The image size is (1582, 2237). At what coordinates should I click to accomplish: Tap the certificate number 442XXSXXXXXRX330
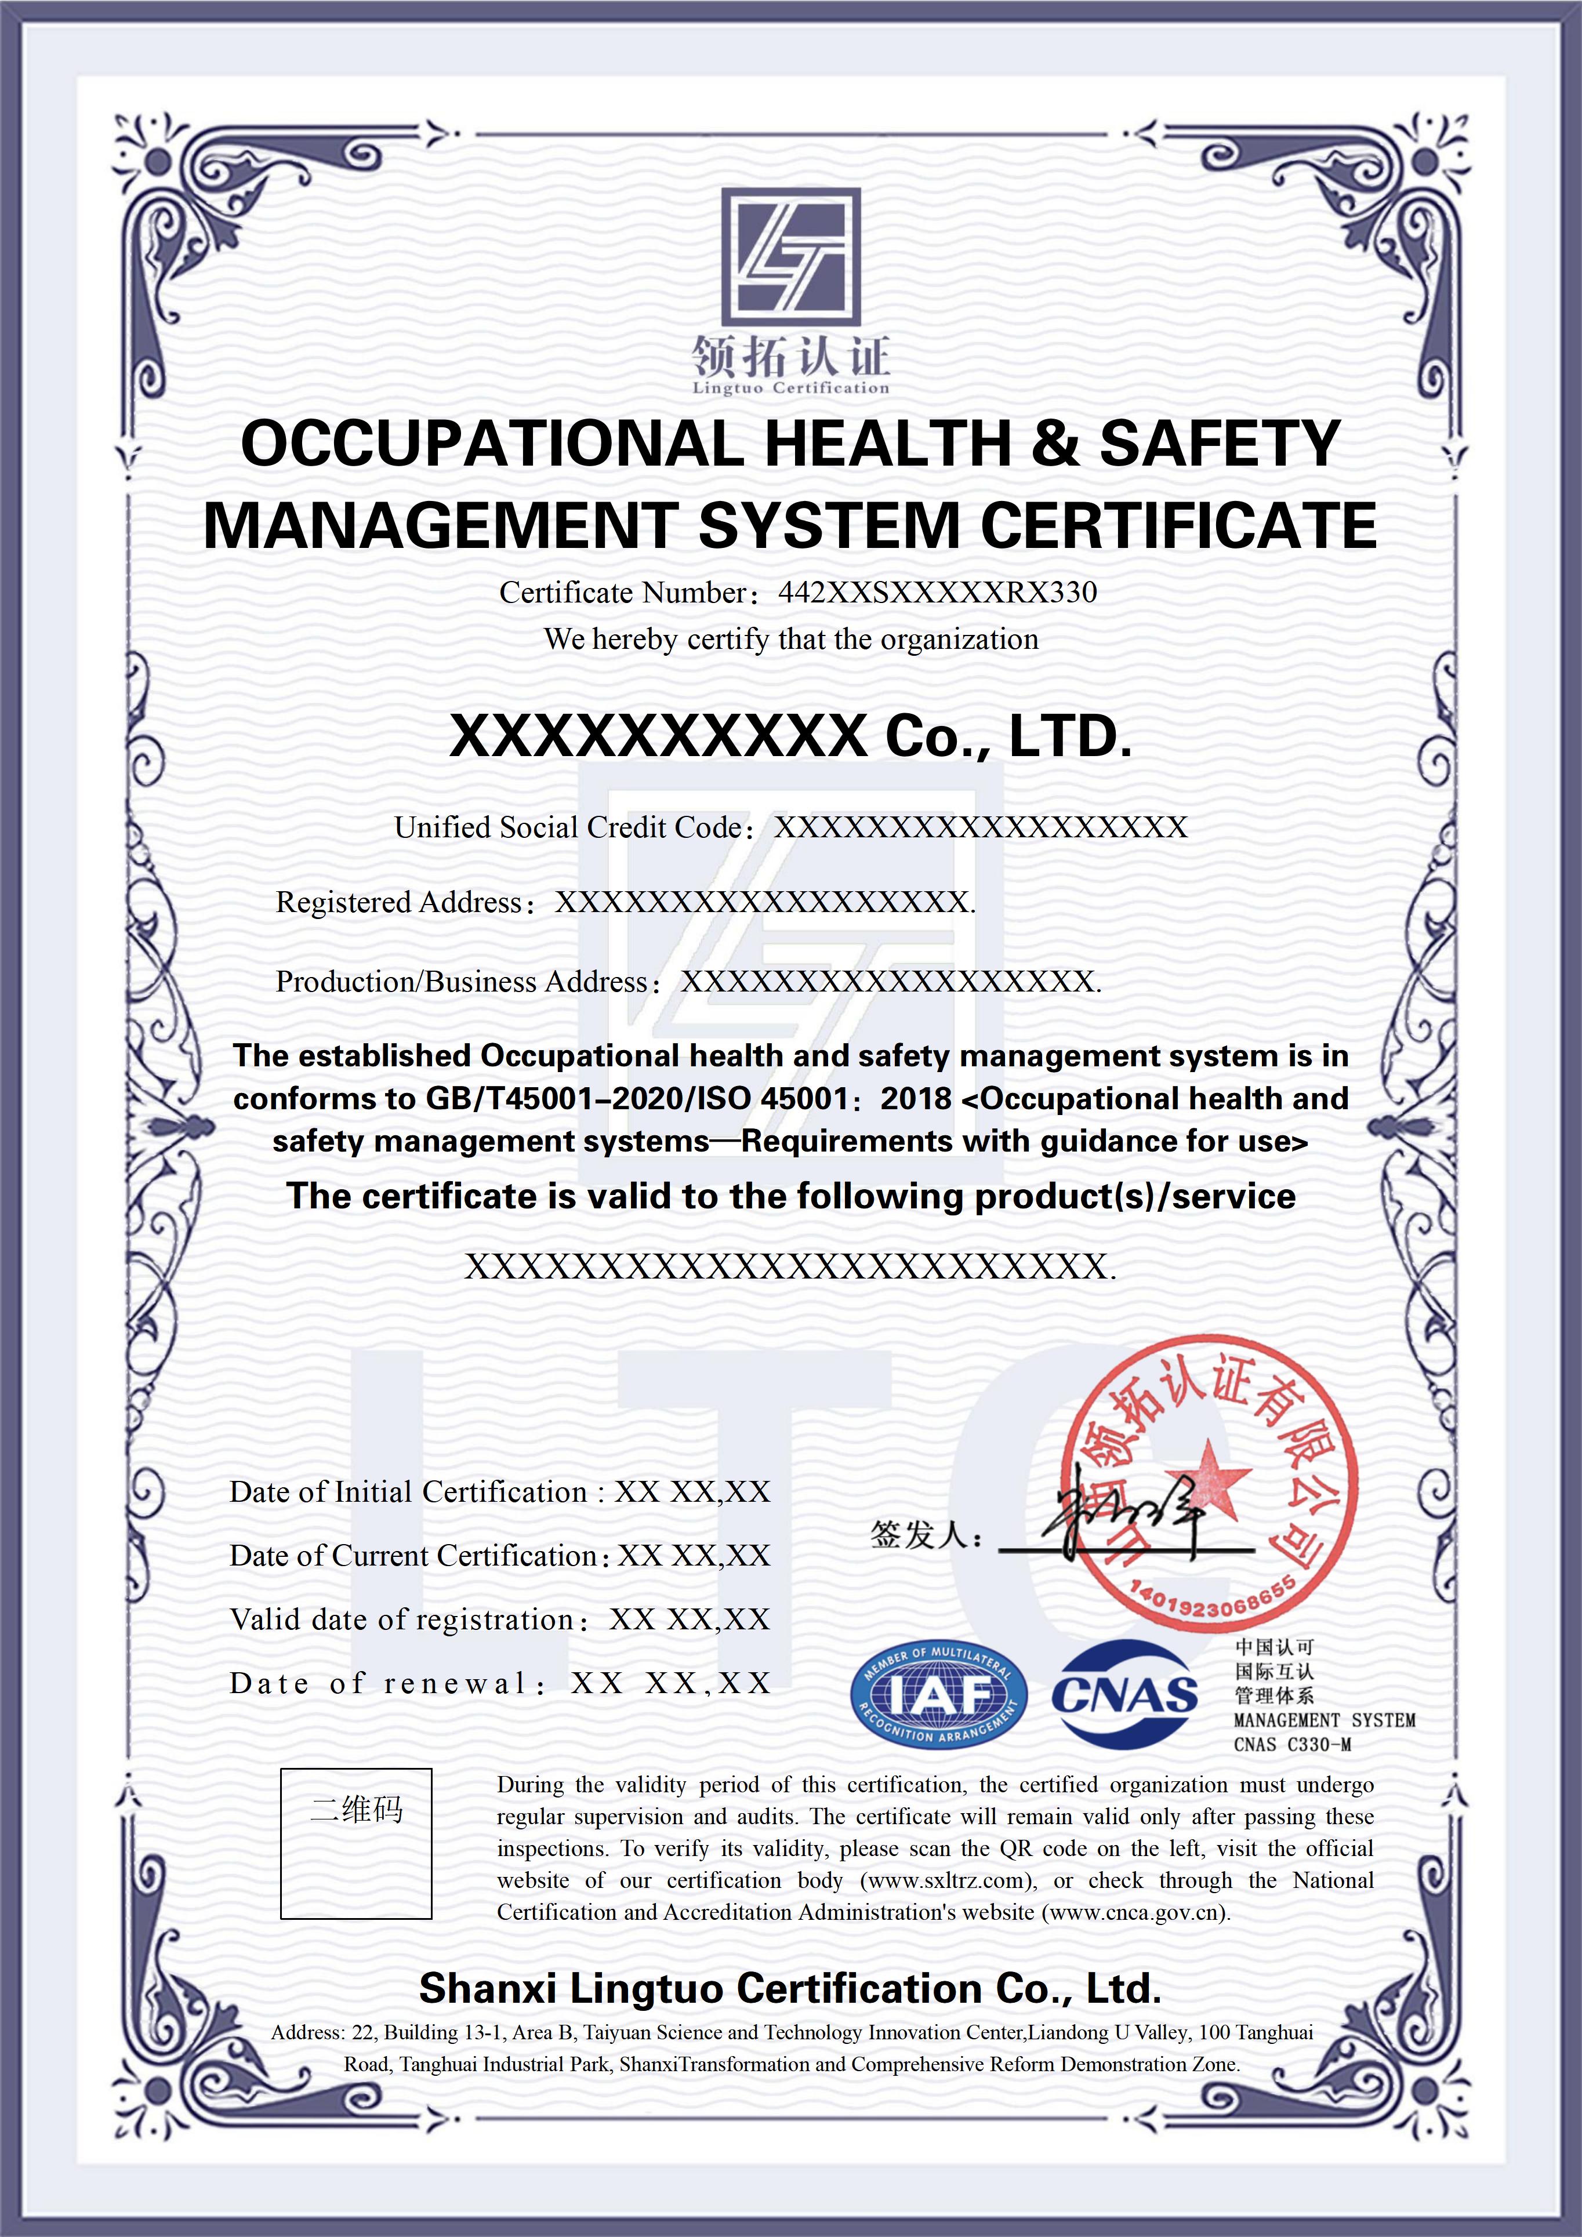click(937, 593)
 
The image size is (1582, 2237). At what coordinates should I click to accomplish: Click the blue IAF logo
click(938, 1695)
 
